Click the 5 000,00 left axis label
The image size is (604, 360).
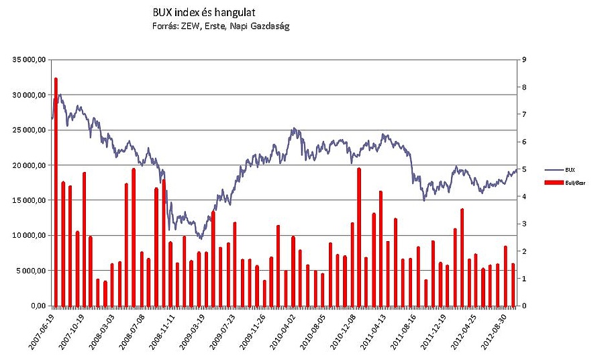31,271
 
